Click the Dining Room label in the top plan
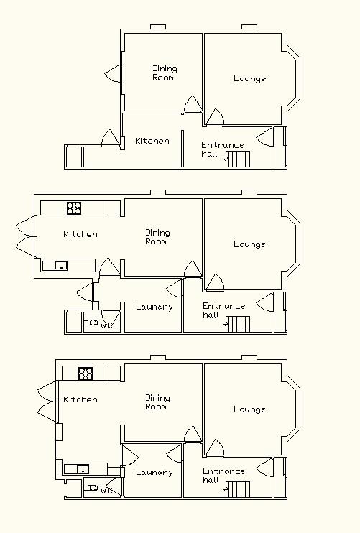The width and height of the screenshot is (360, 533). [x=165, y=73]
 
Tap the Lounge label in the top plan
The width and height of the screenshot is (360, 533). [x=249, y=79]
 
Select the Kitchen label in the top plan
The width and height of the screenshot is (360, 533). [x=152, y=141]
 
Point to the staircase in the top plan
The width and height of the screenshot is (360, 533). [x=239, y=159]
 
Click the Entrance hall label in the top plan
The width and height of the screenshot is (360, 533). [x=223, y=149]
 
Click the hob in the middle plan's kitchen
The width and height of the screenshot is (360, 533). [x=74, y=208]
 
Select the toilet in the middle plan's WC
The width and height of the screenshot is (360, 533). [x=91, y=323]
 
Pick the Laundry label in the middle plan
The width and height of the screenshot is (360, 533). [x=154, y=307]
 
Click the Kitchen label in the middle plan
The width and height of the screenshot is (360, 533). [x=80, y=234]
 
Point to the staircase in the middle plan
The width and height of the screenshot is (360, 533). [x=239, y=324]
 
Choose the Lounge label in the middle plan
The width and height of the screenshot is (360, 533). [x=249, y=244]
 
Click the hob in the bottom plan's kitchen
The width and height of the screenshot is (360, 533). [x=86, y=374]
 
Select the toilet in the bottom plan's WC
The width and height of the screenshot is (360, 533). [x=91, y=488]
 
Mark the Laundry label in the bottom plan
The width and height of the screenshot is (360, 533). [x=154, y=472]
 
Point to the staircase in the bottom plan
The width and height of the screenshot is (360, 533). [x=239, y=489]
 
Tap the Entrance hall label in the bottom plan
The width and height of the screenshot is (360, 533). [x=223, y=476]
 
